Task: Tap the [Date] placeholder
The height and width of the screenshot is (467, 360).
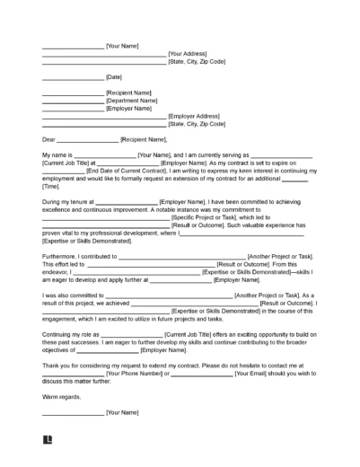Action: (x=115, y=78)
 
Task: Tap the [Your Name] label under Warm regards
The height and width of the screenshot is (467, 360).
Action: (x=122, y=413)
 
